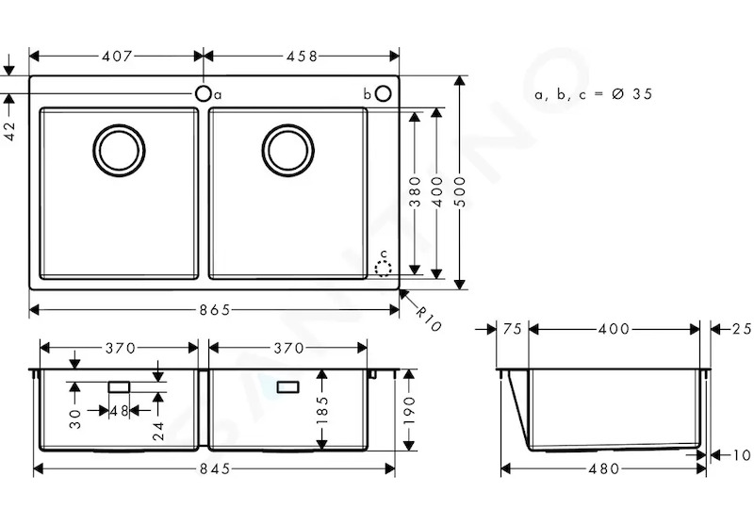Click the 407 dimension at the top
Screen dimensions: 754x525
point(116,57)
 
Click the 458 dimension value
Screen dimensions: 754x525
point(302,57)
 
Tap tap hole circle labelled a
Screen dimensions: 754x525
point(204,93)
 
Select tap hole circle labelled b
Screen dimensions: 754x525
point(384,93)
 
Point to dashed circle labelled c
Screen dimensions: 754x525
point(384,269)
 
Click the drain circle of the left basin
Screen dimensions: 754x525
point(120,150)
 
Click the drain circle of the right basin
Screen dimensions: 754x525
point(288,150)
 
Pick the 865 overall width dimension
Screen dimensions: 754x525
point(215,310)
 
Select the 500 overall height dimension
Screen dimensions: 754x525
point(460,191)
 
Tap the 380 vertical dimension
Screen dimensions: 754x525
point(415,191)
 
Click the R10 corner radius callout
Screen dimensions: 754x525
point(427,320)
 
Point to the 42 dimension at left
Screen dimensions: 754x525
point(9,131)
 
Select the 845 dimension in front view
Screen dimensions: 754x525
point(215,468)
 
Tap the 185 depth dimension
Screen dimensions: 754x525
point(321,410)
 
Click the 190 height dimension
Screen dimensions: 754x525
point(409,410)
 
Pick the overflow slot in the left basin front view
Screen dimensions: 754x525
point(120,387)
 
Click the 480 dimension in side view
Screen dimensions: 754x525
point(604,468)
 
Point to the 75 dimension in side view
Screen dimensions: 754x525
point(513,329)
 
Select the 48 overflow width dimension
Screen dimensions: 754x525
point(120,411)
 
